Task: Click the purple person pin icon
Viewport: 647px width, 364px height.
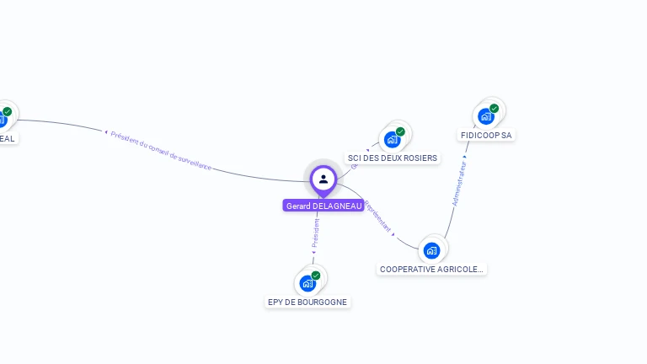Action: click(323, 179)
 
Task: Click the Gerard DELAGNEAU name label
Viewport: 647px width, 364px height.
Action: click(323, 206)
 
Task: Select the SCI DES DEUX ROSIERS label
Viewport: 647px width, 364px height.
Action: click(393, 158)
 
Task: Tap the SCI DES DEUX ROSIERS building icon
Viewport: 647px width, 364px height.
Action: click(393, 139)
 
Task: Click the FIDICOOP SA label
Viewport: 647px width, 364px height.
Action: click(486, 135)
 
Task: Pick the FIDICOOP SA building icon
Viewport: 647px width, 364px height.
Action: click(486, 116)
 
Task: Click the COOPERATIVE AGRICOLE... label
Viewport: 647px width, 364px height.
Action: click(432, 269)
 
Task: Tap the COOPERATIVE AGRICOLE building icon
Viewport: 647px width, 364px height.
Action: click(432, 250)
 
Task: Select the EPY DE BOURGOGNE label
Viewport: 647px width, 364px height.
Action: click(307, 302)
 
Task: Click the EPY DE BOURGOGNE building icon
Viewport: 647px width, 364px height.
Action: click(307, 283)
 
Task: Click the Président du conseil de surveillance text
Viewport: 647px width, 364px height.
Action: click(161, 151)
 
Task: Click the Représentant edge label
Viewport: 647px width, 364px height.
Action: click(378, 216)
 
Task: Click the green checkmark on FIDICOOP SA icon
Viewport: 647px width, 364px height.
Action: click(495, 108)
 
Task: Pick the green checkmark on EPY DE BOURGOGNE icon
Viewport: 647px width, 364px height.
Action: click(316, 275)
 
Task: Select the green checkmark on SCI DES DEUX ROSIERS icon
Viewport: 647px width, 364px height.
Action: click(401, 131)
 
